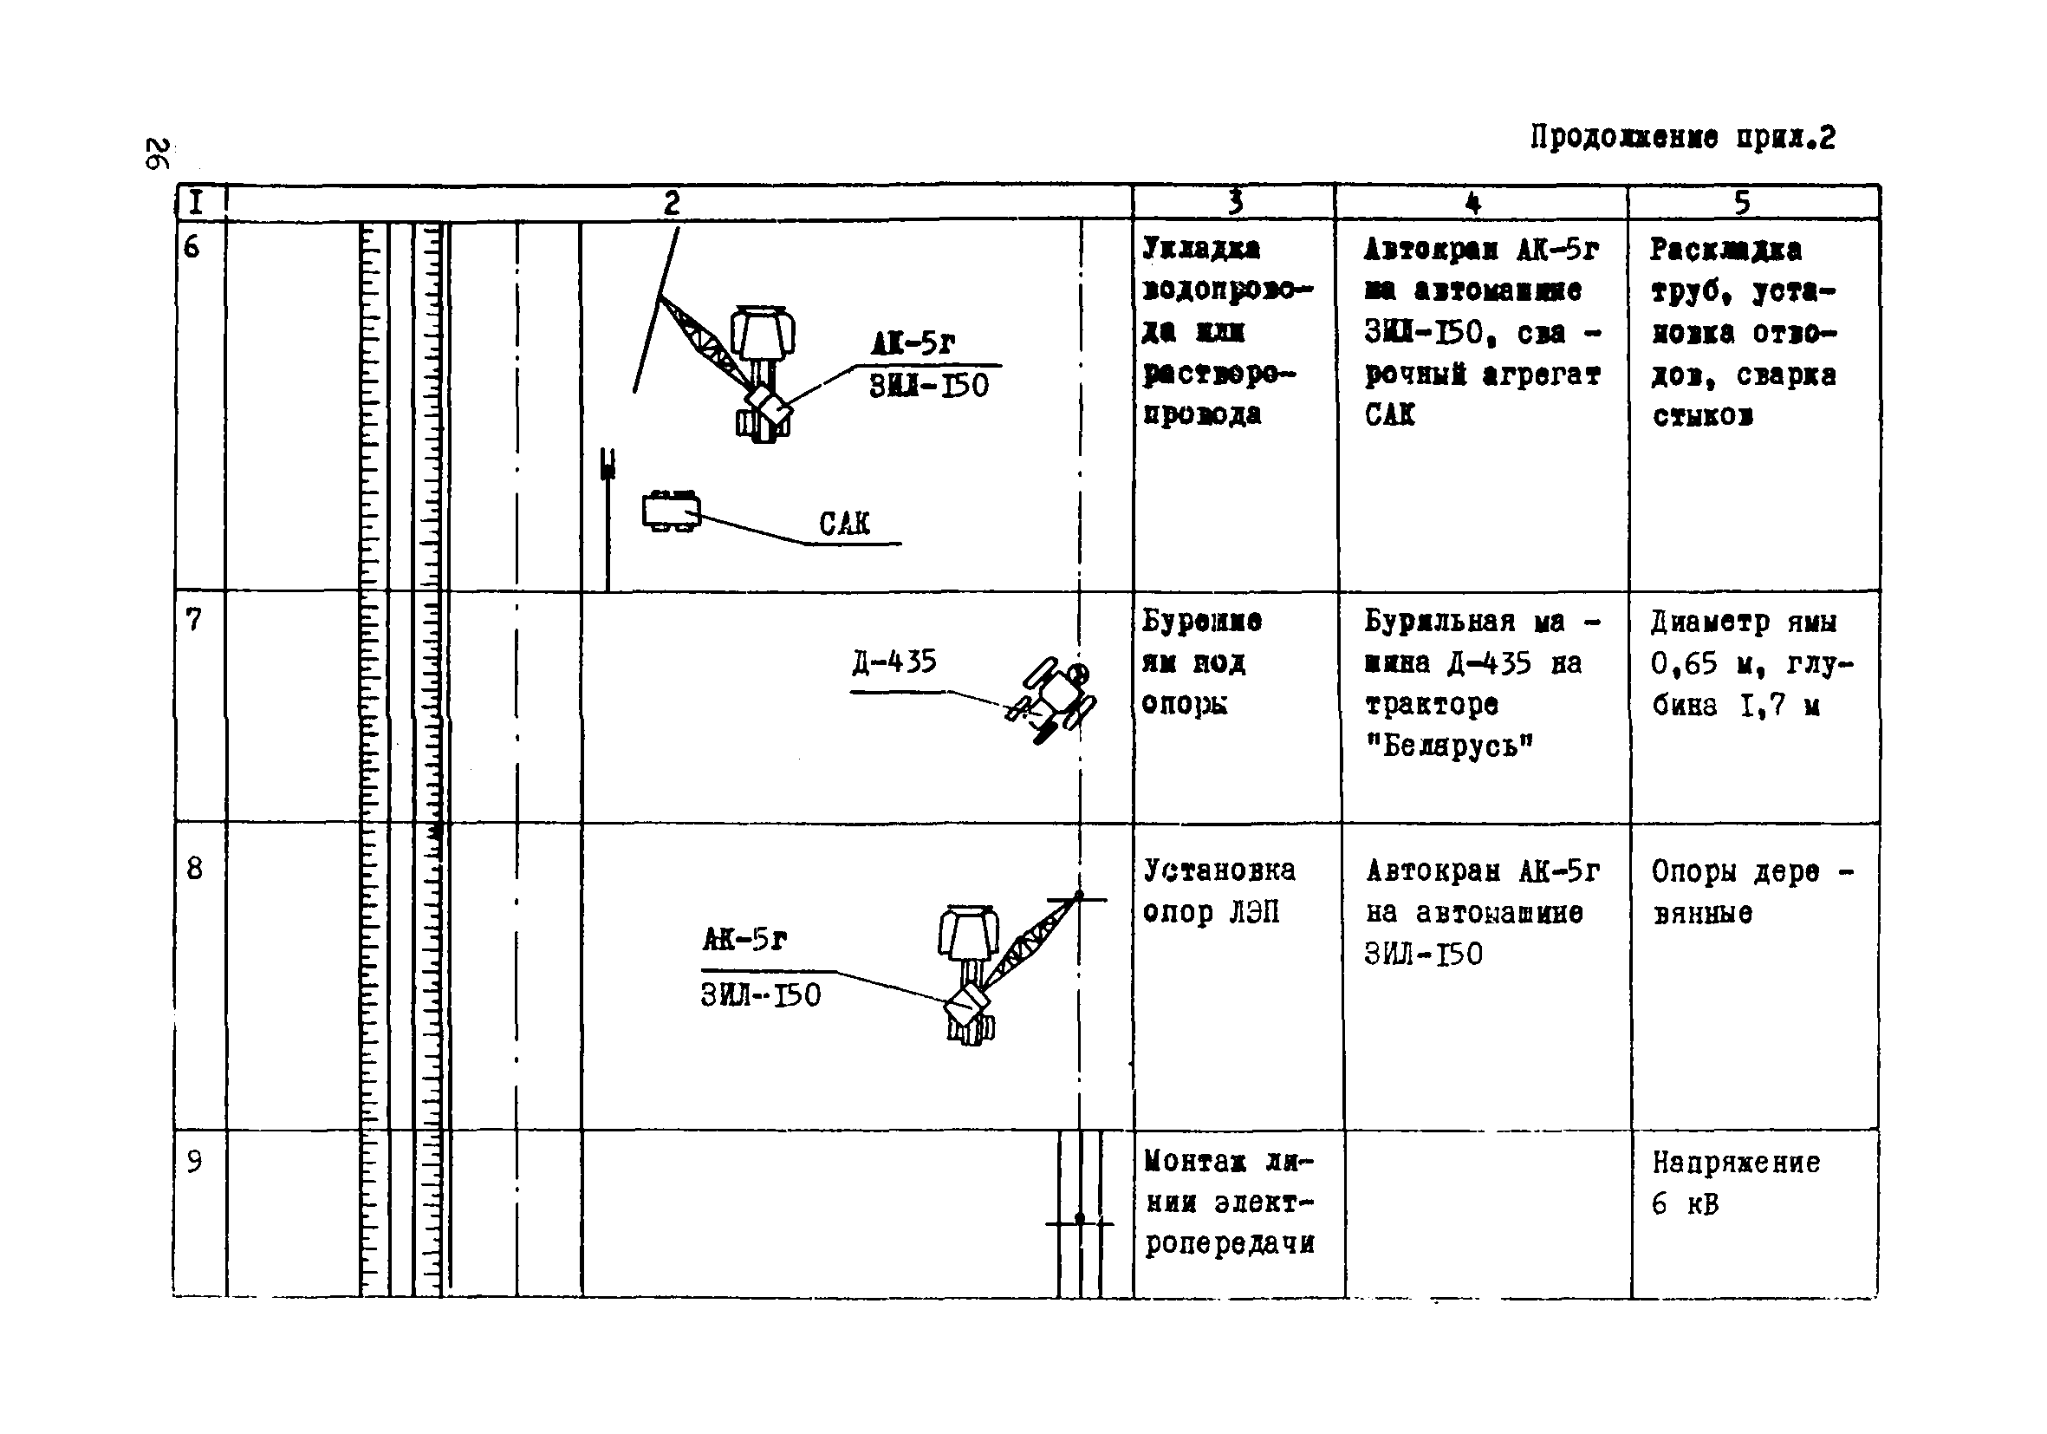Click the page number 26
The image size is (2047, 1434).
[157, 153]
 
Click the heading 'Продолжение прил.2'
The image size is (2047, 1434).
[1682, 138]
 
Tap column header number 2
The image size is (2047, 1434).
[672, 204]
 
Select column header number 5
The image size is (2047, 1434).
[1741, 204]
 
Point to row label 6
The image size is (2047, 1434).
[192, 247]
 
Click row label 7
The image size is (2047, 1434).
[193, 619]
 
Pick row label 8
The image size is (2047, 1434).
[194, 868]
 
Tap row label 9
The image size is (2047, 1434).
[194, 1161]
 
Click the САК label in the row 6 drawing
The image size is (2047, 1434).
[843, 524]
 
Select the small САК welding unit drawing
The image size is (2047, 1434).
[672, 512]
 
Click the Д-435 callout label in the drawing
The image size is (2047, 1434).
[894, 662]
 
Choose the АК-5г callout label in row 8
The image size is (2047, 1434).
[744, 939]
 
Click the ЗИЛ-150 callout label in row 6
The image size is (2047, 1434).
[928, 386]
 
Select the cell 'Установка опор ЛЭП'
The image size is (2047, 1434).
[1218, 891]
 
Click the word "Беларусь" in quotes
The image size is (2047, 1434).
[1450, 745]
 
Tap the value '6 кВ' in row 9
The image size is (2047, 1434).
[1684, 1204]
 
